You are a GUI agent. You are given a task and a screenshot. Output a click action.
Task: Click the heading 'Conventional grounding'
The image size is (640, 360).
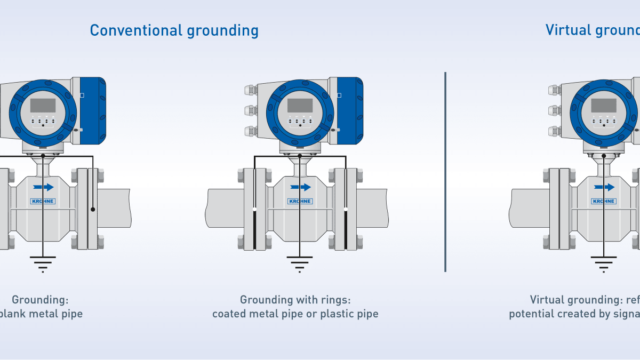(174, 30)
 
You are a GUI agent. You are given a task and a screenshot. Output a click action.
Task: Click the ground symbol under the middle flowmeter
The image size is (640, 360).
(300, 263)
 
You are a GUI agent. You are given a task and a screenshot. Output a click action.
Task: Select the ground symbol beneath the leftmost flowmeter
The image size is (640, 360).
(43, 263)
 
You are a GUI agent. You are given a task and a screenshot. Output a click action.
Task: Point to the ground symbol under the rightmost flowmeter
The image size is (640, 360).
(603, 263)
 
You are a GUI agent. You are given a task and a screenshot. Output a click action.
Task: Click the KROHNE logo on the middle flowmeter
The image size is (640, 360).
(300, 201)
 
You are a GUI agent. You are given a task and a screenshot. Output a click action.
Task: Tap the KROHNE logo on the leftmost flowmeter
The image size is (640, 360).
(43, 201)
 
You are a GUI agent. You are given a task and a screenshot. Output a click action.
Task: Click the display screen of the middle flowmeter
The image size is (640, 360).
(300, 105)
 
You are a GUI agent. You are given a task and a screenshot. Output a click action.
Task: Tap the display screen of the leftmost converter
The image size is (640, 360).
(43, 105)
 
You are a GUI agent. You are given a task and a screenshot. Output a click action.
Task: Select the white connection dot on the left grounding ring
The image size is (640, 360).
(254, 209)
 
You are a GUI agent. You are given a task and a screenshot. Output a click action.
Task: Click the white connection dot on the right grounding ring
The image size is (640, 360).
(346, 209)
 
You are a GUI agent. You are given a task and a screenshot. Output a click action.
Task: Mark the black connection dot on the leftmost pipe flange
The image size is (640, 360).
(93, 209)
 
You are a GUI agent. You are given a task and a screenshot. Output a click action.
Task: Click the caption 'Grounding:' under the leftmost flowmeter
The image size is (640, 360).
(40, 300)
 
